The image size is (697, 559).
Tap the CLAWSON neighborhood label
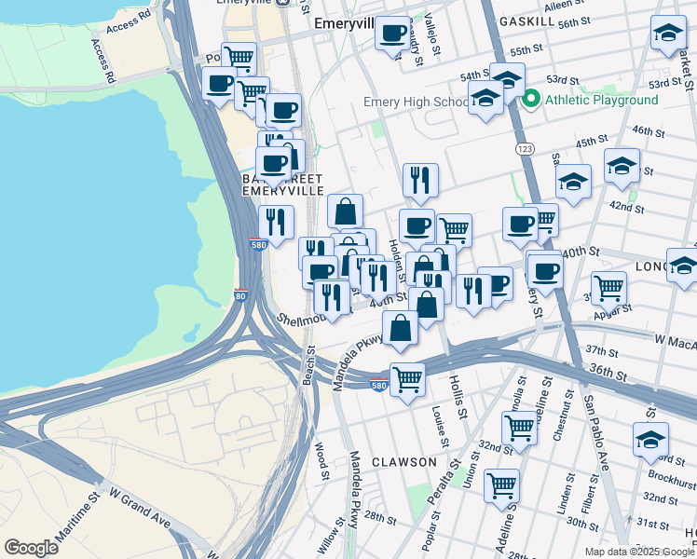[404, 462]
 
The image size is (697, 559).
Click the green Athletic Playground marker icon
[532, 100]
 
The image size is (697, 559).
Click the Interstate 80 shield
[241, 296]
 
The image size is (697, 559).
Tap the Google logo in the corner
[31, 547]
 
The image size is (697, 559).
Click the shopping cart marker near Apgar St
[608, 288]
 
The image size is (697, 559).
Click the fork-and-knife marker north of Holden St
[420, 181]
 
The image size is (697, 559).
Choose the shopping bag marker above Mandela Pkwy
[400, 328]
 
